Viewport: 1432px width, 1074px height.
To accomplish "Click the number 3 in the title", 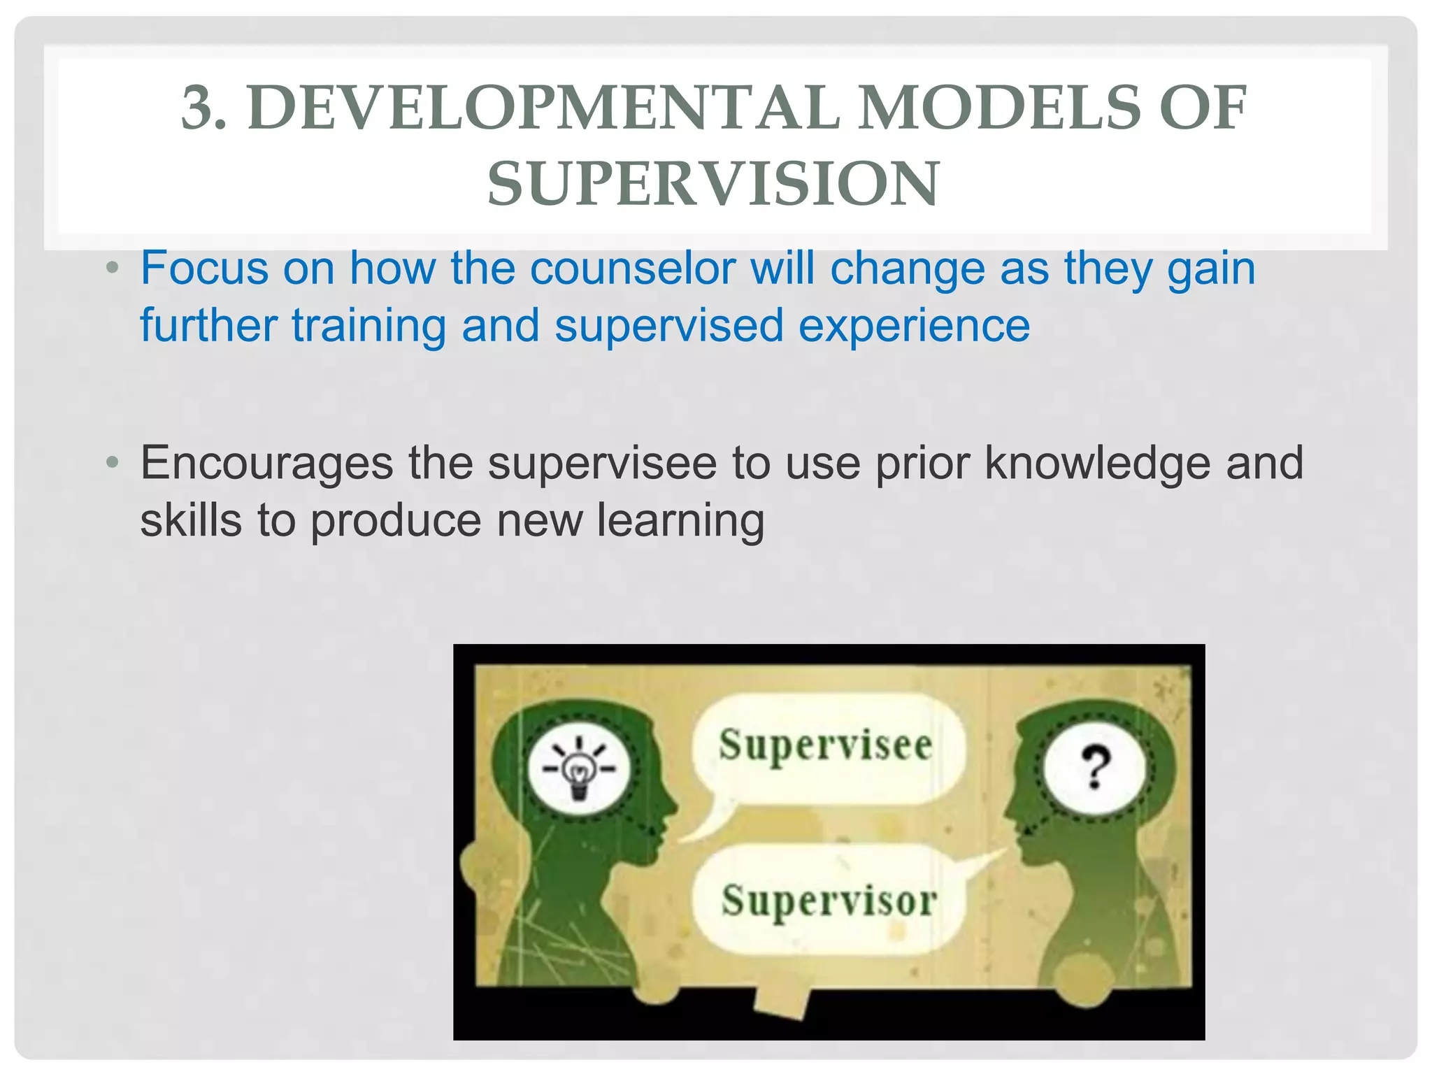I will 197,108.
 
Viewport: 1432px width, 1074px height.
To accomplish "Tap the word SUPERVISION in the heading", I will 713,184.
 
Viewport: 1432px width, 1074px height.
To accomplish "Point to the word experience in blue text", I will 914,326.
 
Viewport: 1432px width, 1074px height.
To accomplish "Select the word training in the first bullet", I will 368,326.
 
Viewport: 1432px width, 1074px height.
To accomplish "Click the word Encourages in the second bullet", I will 266,463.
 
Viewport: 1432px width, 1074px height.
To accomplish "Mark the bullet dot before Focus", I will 113,268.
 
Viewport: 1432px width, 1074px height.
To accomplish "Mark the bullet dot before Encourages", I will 113,462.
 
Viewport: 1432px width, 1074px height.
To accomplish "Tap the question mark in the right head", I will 1095,767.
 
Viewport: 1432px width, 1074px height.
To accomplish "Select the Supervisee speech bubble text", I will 825,745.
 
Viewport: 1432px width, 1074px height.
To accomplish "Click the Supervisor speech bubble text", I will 829,901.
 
